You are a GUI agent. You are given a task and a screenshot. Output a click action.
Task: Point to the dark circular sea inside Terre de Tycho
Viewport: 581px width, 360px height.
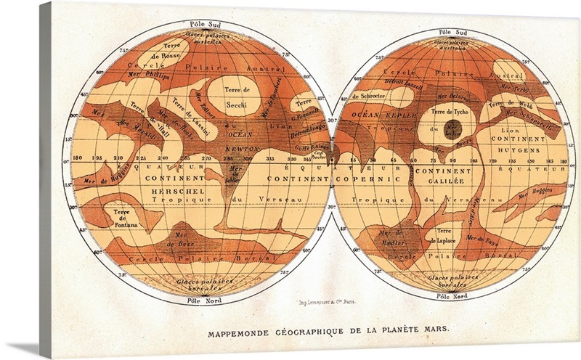point(455,131)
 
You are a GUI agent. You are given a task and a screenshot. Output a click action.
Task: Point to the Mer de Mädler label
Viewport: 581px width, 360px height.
point(393,239)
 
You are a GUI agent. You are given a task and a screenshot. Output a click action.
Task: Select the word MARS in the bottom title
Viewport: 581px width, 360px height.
point(432,327)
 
